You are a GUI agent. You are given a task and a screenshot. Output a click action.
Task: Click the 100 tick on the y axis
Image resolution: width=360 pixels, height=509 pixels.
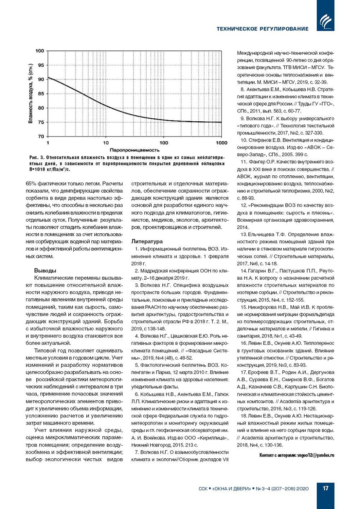click(40, 51)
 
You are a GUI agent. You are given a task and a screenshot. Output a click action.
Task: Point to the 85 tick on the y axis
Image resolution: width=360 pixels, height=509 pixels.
click(41, 94)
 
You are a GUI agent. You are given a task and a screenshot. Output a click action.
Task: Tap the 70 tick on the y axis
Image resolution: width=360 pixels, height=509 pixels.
click(41, 136)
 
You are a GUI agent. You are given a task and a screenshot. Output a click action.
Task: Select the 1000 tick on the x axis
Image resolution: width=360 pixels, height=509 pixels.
click(222, 143)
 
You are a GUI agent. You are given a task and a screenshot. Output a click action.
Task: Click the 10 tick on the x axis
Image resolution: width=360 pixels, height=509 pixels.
click(106, 143)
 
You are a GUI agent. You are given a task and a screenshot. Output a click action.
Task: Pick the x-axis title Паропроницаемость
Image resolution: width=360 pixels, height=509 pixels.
click(134, 150)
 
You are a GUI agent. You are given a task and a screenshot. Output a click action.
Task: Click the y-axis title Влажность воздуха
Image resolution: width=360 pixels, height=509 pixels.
click(30, 94)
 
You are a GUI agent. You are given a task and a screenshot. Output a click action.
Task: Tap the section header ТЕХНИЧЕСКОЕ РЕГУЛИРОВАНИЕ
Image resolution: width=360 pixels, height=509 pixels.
click(262, 29)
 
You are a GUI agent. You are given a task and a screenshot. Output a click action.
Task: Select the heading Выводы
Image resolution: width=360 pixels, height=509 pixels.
click(45, 270)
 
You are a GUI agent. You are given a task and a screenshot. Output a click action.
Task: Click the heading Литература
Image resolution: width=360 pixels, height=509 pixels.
click(147, 241)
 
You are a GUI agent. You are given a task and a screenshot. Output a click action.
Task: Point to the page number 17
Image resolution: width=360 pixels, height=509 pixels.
click(325, 488)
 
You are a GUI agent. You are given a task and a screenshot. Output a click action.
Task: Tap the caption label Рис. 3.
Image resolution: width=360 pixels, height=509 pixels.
click(37, 158)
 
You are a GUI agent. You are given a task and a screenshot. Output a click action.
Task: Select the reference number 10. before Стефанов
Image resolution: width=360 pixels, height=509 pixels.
click(244, 140)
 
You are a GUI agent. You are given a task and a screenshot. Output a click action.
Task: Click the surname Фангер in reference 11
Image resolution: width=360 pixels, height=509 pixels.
click(259, 162)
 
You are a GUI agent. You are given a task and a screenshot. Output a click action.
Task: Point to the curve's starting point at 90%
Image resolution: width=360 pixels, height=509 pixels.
click(48, 77)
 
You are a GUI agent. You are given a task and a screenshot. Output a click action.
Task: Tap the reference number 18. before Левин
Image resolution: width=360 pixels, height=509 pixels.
click(244, 416)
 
